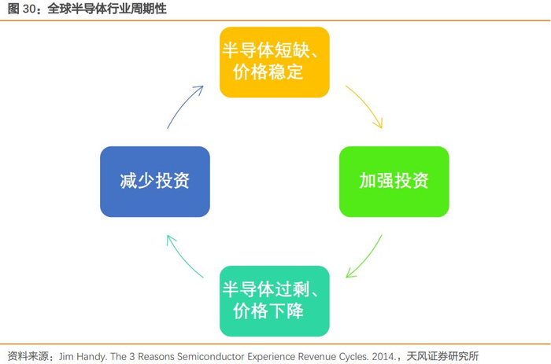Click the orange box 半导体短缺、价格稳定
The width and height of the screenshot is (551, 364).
274,62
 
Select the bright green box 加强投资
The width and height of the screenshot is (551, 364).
394,182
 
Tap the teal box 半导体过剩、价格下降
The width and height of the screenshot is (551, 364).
274,300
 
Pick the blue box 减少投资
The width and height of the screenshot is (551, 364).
155,182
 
